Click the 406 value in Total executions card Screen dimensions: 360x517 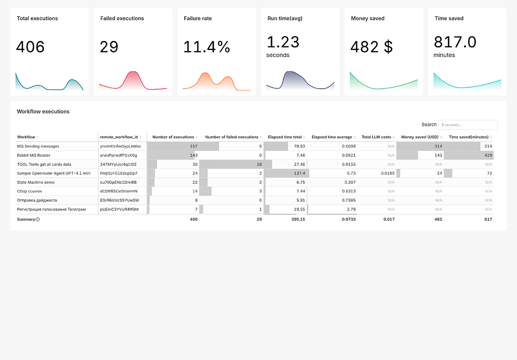pyautogui.click(x=30, y=47)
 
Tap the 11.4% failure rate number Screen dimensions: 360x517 pyautogui.click(x=206, y=47)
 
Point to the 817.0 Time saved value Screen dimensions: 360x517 pyautogui.click(x=455, y=42)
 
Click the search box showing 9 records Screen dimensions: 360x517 pyautogui.click(x=467, y=125)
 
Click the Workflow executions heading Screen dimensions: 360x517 pyautogui.click(x=43, y=112)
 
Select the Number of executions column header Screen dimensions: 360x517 pyautogui.click(x=173, y=137)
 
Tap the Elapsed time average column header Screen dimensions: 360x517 pyautogui.click(x=332, y=137)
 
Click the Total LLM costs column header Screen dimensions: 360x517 pyautogui.click(x=376, y=137)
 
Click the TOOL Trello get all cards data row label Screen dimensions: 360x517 pyautogui.click(x=44, y=165)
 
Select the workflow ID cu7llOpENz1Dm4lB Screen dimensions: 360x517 pyautogui.click(x=119, y=182)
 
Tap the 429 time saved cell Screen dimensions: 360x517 pyautogui.click(x=488, y=156)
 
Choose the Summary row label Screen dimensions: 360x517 pyautogui.click(x=26, y=219)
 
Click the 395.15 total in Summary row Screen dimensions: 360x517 pyautogui.click(x=296, y=219)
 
